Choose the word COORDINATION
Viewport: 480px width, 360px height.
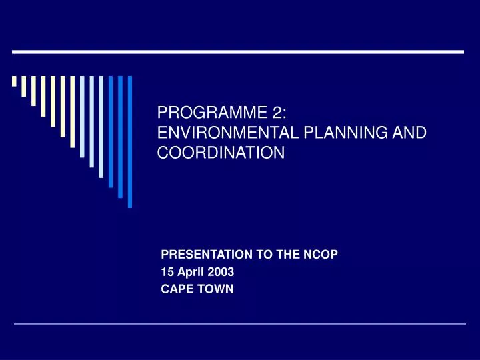coord(221,153)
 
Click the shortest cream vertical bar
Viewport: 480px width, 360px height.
coord(14,81)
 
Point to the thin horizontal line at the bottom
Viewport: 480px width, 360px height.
coord(240,324)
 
